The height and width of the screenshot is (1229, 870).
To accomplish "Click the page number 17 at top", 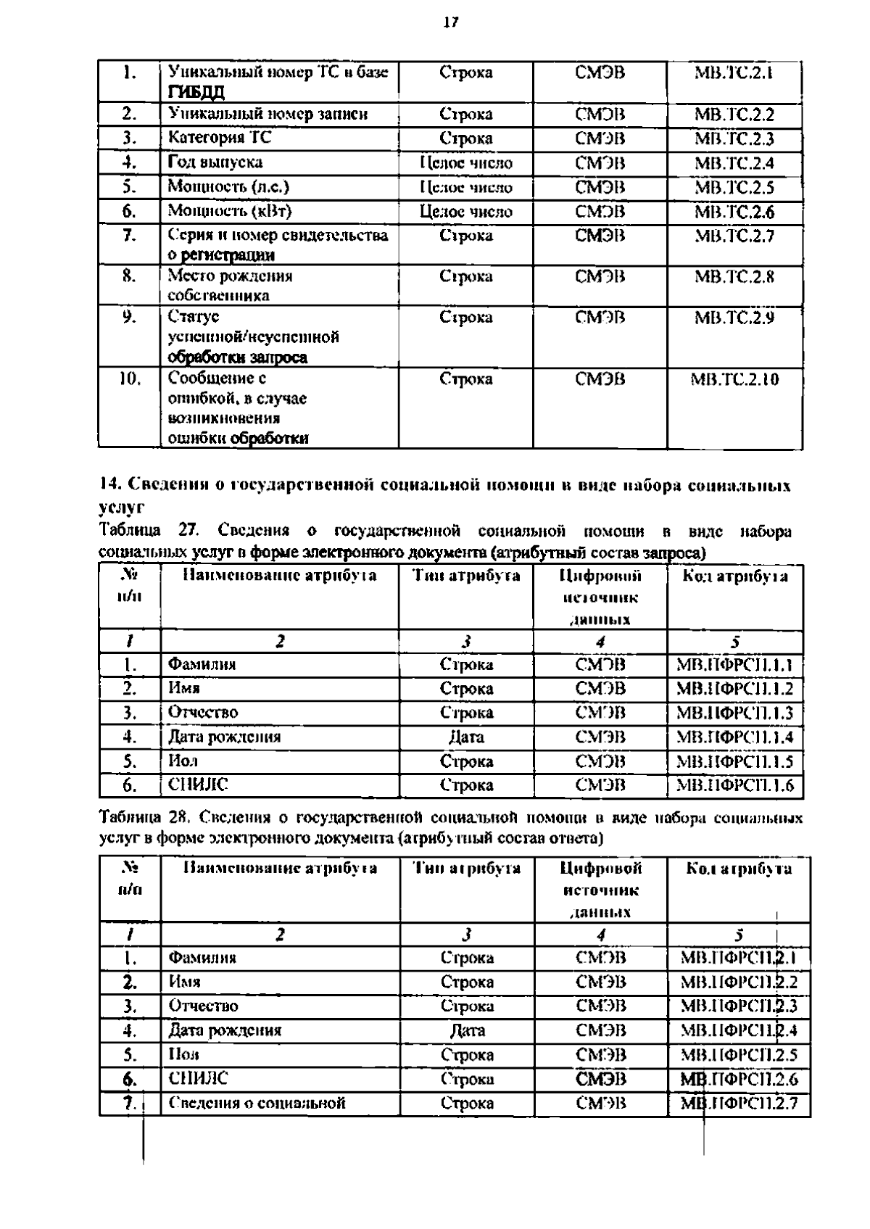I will (x=450, y=22).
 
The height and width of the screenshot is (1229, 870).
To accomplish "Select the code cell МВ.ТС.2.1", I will (x=734, y=73).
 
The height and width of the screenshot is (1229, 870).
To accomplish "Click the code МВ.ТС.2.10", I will (x=734, y=379).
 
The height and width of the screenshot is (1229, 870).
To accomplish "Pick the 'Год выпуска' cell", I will (x=215, y=162).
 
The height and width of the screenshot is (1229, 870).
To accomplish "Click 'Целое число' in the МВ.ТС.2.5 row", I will (x=465, y=187).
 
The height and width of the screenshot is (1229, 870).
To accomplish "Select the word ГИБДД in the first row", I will (x=196, y=92).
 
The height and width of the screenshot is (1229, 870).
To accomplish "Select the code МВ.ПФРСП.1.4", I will (x=734, y=737).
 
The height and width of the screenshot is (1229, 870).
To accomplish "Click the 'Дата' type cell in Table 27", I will (x=465, y=737).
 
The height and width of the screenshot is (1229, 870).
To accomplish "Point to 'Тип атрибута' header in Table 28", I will (x=466, y=868).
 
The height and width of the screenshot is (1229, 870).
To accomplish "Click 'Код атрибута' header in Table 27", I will (x=735, y=576).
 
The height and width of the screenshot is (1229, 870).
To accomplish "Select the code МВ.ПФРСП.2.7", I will (x=739, y=1104).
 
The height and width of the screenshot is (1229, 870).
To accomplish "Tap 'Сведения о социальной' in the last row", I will (x=257, y=1104).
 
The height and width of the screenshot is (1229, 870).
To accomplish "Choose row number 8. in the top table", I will (x=128, y=276).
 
